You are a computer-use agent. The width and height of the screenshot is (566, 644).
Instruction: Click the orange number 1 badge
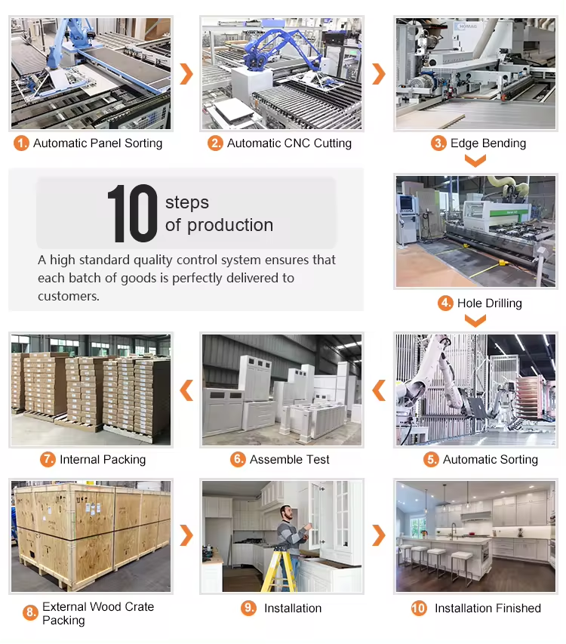(21, 143)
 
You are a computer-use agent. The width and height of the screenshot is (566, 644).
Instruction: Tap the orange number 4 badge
(445, 303)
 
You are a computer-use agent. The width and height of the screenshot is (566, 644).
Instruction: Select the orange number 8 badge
(30, 613)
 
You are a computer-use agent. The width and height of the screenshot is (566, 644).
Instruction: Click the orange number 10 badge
(419, 608)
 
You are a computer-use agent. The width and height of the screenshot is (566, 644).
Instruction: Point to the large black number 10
(132, 213)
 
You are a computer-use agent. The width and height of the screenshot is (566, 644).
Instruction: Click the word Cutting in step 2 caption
(333, 143)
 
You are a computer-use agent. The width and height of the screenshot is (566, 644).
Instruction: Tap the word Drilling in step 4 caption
(503, 304)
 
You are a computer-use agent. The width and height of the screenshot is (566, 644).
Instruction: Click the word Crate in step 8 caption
(139, 606)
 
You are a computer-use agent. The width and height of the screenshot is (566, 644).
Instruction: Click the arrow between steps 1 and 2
(186, 74)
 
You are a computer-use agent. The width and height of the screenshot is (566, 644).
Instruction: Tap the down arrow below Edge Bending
(475, 160)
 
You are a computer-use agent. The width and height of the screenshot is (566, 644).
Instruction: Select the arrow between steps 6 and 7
(186, 390)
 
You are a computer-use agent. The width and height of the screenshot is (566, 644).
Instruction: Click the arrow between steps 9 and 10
(379, 535)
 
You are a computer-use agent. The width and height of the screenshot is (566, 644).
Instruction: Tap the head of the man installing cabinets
(287, 513)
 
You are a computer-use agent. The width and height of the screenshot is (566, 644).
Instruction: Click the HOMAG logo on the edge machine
(467, 26)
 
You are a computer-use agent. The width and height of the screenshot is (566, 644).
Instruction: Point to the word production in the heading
(230, 226)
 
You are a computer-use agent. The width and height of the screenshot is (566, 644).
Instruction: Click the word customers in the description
(69, 296)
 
